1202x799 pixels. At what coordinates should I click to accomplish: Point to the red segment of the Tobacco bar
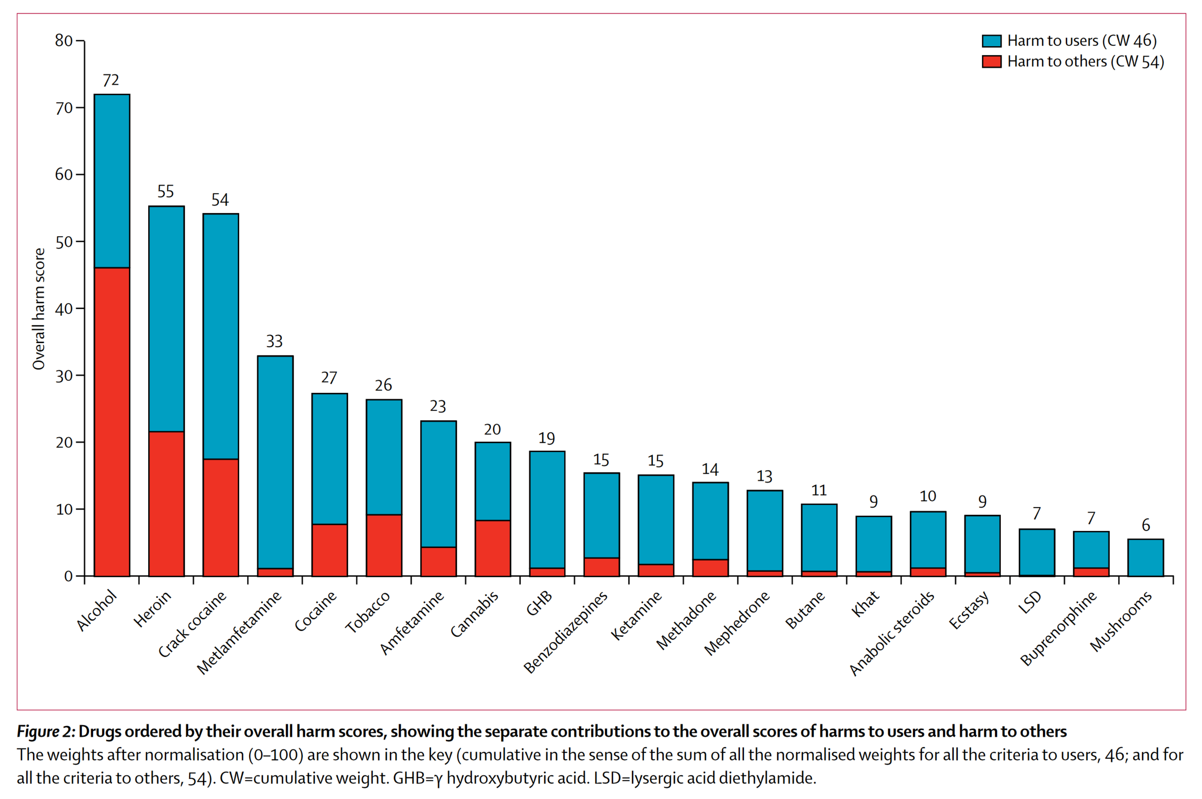pyautogui.click(x=384, y=545)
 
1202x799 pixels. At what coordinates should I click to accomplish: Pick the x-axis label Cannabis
pyautogui.click(x=474, y=614)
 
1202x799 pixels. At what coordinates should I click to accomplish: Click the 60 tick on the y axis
pyautogui.click(x=64, y=175)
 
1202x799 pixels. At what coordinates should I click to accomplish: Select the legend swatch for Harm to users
pyautogui.click(x=991, y=41)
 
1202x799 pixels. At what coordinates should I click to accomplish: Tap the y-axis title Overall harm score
pyautogui.click(x=39, y=309)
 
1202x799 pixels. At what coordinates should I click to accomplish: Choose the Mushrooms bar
pyautogui.click(x=1145, y=557)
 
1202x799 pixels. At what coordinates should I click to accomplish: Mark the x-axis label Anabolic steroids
pyautogui.click(x=892, y=633)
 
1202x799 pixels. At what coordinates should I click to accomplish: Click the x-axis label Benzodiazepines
pyautogui.click(x=566, y=631)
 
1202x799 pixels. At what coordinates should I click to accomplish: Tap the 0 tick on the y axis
pyautogui.click(x=68, y=576)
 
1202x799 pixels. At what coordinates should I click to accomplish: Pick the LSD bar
pyautogui.click(x=1036, y=552)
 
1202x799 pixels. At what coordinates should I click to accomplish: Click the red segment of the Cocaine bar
pyautogui.click(x=329, y=550)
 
